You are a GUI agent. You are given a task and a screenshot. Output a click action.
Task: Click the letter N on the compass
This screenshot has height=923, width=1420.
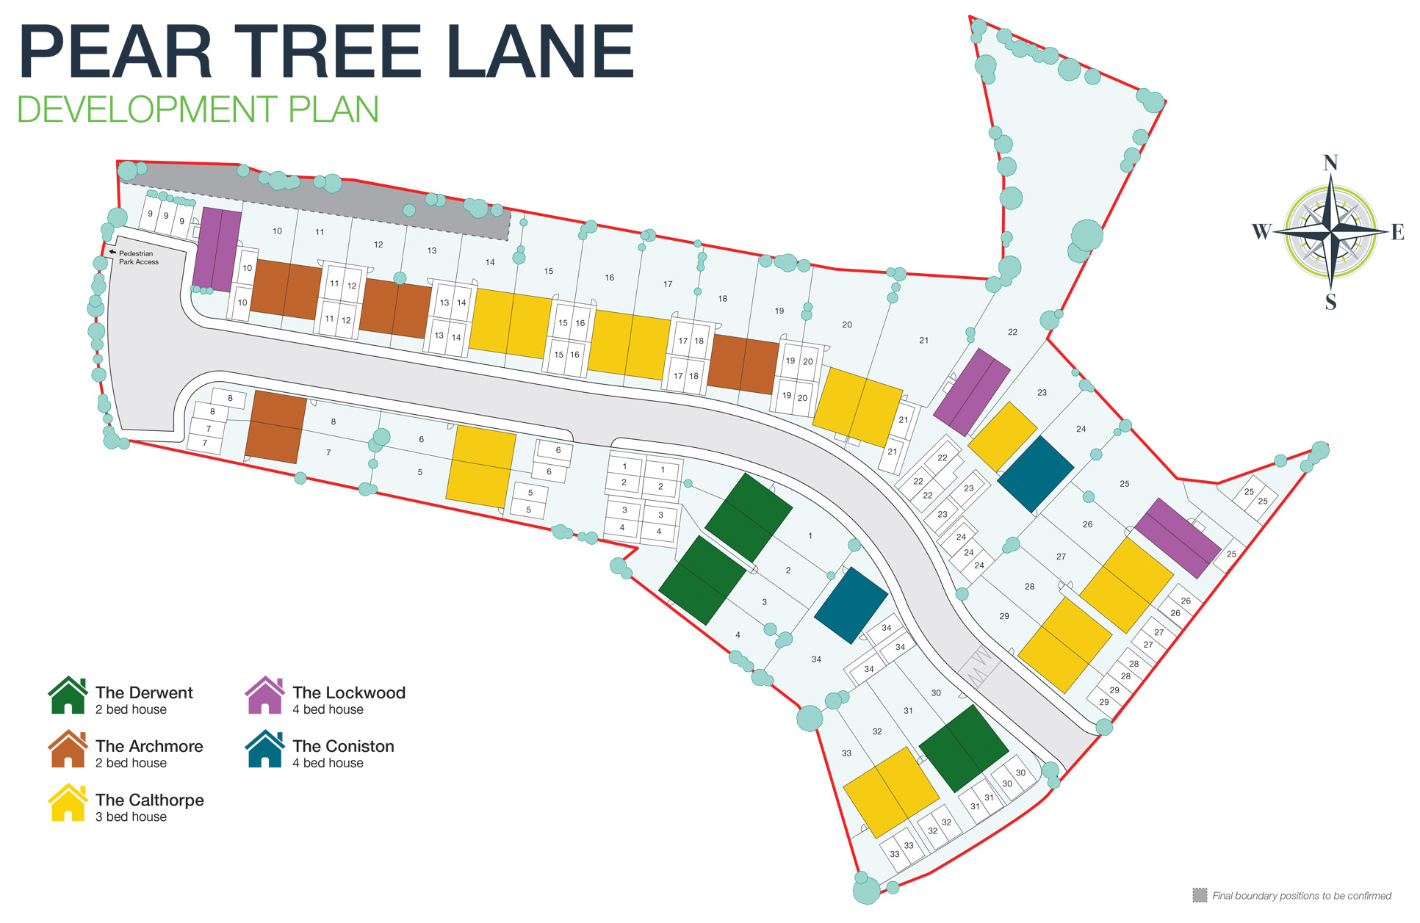[x=1330, y=163]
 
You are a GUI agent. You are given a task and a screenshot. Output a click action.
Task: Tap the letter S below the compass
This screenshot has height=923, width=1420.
[x=1330, y=302]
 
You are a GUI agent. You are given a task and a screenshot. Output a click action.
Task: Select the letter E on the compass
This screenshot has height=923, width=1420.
[x=1397, y=233]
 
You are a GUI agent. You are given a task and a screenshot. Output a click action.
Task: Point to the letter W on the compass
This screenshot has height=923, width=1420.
[x=1261, y=232]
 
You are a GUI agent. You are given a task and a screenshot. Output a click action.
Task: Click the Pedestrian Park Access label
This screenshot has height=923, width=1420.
[x=139, y=258]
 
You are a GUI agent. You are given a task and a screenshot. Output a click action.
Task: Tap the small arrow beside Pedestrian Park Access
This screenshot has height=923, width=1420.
[x=112, y=253]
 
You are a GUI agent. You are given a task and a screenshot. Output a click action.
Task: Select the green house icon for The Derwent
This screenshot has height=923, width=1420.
[x=68, y=695]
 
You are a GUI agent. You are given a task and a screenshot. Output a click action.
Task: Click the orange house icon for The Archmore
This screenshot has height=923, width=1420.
[x=68, y=749]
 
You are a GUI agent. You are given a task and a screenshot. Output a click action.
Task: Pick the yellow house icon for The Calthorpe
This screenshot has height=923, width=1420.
[x=68, y=803]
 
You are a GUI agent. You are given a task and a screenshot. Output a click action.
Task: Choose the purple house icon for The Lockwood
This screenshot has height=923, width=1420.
[x=264, y=695]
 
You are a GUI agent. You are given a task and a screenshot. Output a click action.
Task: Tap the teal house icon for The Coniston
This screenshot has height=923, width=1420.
[x=264, y=749]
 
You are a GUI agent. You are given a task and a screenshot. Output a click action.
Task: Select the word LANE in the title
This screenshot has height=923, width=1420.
[x=540, y=52]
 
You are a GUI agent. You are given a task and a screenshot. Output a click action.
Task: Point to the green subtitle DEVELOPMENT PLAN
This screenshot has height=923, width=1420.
[x=198, y=109]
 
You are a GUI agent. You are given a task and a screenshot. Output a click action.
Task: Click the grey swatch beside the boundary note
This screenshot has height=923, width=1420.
[x=1200, y=895]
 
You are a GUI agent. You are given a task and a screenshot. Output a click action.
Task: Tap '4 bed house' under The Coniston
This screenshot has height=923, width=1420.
[x=328, y=763]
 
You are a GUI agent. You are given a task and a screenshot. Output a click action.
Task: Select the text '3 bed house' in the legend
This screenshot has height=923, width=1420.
[x=131, y=817]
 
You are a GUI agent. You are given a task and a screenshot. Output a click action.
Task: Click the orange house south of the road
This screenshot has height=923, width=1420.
[x=275, y=427]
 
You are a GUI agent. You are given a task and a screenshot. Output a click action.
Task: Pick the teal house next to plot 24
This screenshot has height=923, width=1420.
[x=1035, y=474]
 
